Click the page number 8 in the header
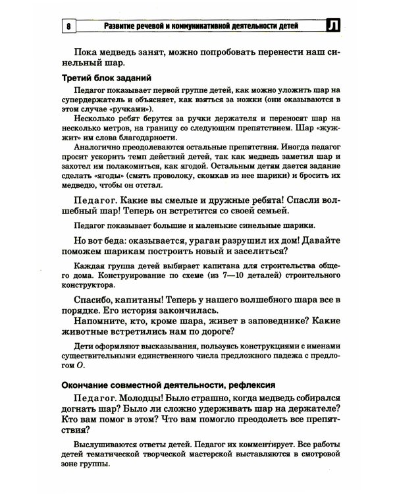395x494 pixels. (69, 26)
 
